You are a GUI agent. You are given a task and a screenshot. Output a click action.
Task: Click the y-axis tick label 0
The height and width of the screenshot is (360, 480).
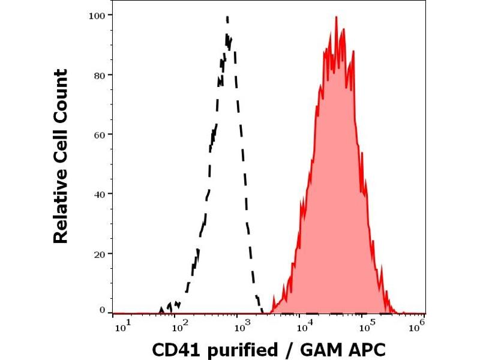click(103, 310)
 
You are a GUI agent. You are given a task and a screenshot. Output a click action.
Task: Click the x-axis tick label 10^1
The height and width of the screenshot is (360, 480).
click(121, 326)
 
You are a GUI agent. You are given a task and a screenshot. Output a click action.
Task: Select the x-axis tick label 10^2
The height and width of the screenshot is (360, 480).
click(179, 326)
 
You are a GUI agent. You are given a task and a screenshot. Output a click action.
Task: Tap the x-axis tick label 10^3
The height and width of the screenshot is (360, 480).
click(241, 326)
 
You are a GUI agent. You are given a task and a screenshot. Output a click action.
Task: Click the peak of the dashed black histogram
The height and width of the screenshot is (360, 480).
click(227, 17)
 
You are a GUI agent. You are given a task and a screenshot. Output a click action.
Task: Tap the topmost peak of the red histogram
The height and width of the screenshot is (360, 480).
click(337, 16)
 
